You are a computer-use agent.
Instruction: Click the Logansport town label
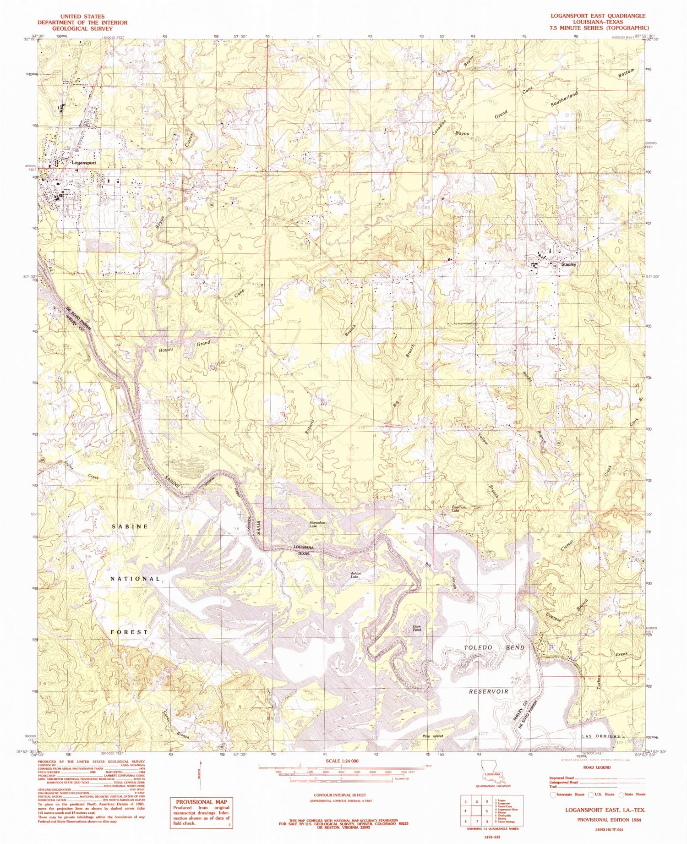pyautogui.click(x=83, y=163)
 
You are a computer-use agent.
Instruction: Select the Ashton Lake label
pyautogui.click(x=356, y=575)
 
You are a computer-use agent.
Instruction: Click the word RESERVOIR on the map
pyautogui.click(x=488, y=691)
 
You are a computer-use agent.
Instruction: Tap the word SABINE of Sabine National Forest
pyautogui.click(x=130, y=526)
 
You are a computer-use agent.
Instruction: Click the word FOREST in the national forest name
pyautogui.click(x=129, y=632)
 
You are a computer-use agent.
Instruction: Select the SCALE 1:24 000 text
pyautogui.click(x=341, y=761)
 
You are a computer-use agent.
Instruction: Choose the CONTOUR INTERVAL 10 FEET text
pyautogui.click(x=341, y=795)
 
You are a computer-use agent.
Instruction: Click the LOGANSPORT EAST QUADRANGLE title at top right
pyautogui.click(x=598, y=16)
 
